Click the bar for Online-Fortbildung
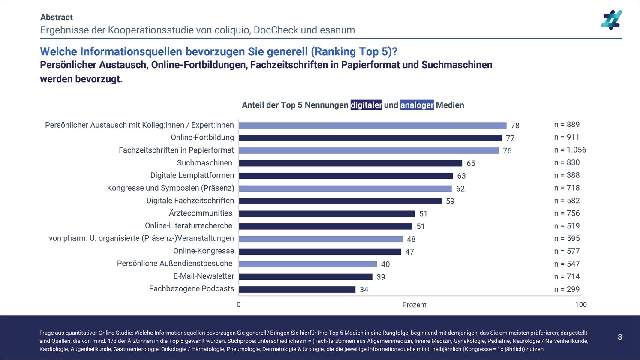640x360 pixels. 370,138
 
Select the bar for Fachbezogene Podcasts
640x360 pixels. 297,290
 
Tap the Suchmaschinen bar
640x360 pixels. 350,163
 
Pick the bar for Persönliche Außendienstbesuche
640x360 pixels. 308,264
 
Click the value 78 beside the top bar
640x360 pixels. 515,126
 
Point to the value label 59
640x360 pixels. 450,201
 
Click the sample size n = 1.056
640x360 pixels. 570,150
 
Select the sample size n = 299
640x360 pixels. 567,290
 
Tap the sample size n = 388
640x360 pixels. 567,175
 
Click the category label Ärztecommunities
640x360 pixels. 201,213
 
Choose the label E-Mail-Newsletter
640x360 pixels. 204,276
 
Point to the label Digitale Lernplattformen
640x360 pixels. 192,175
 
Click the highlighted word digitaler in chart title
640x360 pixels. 366,105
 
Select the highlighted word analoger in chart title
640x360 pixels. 417,105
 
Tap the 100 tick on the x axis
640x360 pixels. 580,305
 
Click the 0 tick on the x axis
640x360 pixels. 239,305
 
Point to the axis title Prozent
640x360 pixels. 414,305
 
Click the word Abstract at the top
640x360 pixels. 57,18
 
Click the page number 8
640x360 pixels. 619,337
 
